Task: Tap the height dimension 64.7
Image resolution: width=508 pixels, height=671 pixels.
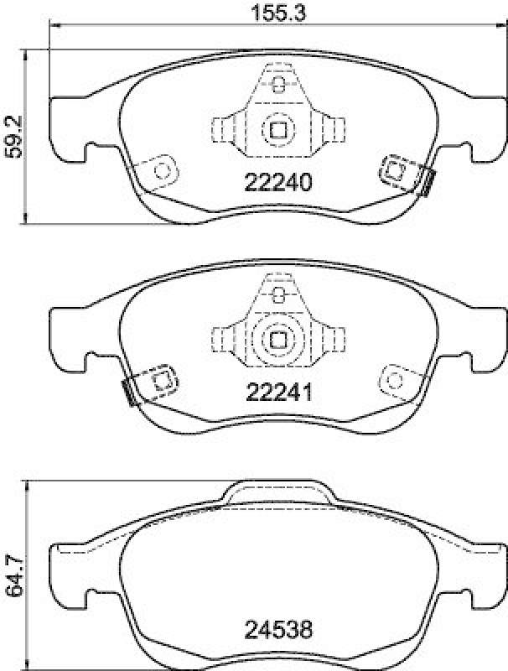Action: point(12,578)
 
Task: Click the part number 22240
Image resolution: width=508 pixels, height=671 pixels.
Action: point(277,182)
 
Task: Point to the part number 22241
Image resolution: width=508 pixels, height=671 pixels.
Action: point(277,392)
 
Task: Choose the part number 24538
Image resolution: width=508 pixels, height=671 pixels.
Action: point(277,627)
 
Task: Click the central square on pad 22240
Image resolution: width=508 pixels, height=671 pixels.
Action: point(277,129)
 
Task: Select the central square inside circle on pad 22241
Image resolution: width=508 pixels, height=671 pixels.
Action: point(277,339)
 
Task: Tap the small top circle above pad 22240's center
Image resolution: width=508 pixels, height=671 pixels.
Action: point(277,83)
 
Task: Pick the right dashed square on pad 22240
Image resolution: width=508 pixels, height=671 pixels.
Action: point(393,170)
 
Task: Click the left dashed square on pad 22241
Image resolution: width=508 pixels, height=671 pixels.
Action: point(162,380)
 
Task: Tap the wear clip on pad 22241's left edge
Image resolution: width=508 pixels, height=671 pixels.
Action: point(128,392)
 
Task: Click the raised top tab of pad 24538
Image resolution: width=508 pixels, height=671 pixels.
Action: point(277,494)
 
